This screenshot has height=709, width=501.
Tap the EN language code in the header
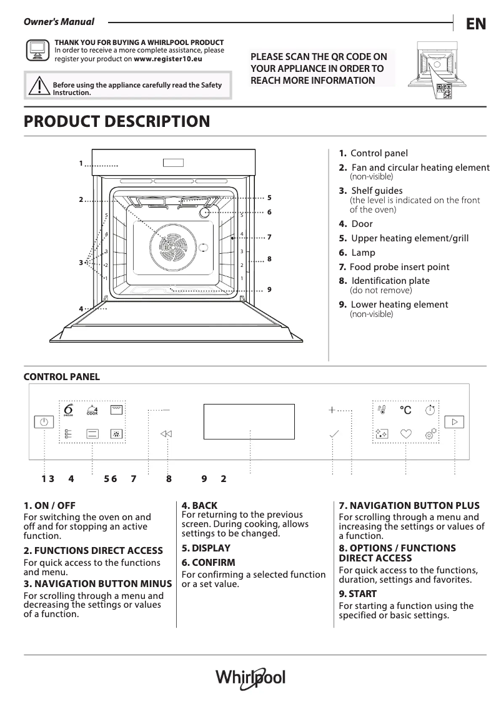(475, 24)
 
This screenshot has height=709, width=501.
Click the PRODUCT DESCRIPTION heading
(116, 121)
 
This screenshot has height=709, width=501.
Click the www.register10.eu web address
(168, 59)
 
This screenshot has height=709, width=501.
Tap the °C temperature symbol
(405, 410)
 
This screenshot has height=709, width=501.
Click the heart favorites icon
(406, 433)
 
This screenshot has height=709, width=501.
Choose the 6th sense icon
(69, 410)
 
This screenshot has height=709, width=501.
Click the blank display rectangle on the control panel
(249, 421)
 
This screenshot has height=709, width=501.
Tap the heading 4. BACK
(199, 505)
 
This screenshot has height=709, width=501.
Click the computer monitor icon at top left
(37, 50)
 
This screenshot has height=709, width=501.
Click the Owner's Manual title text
(59, 22)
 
